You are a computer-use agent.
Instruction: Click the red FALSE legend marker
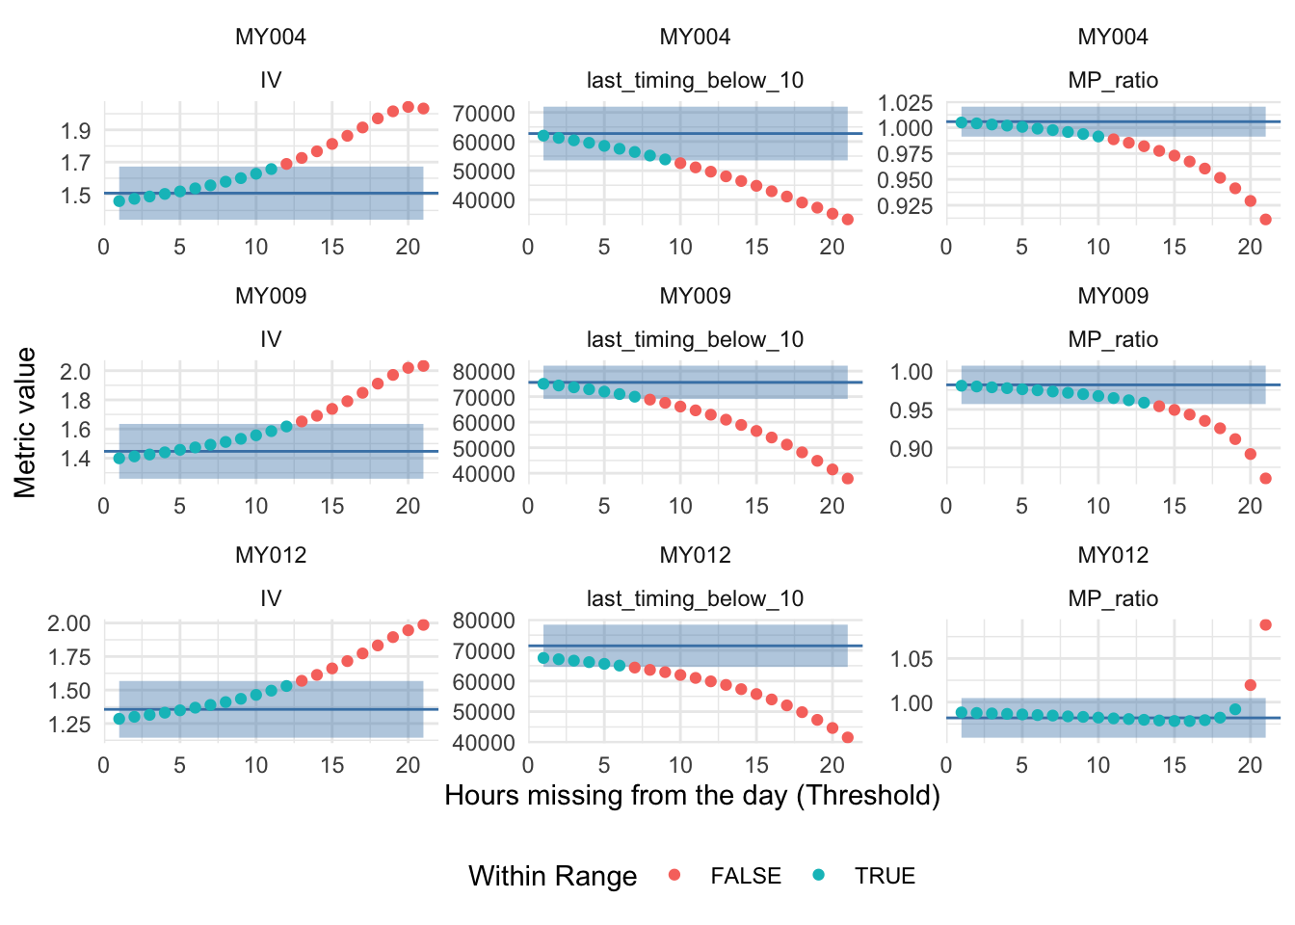[x=674, y=875]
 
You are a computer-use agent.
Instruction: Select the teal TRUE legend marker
[x=819, y=875]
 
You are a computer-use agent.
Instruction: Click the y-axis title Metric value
[x=26, y=422]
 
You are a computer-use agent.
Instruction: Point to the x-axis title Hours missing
[x=692, y=795]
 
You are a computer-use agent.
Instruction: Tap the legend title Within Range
[x=552, y=876]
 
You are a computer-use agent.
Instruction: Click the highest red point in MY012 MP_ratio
[x=1265, y=625]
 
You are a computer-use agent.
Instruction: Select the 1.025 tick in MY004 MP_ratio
[x=906, y=103]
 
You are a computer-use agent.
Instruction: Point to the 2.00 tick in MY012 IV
[x=68, y=623]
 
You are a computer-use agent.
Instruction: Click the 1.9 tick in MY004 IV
[x=76, y=130]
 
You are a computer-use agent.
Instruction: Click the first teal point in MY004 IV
[x=119, y=201]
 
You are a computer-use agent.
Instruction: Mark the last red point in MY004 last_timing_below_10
[x=848, y=220]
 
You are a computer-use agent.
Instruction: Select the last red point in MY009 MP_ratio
[x=1265, y=479]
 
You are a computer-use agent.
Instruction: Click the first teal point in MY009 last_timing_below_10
[x=543, y=383]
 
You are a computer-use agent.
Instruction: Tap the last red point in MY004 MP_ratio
[x=1265, y=220]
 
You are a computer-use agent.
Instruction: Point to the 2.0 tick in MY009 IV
[x=76, y=372]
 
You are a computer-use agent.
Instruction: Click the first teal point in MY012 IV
[x=119, y=719]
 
